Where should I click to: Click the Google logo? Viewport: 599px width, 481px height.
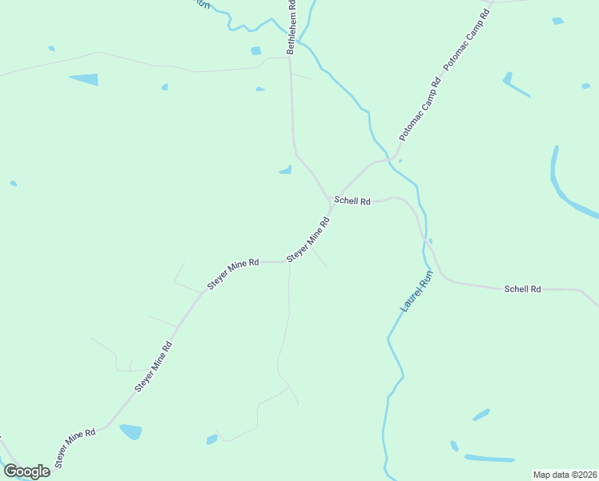(26, 471)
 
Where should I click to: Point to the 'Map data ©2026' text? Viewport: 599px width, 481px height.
(564, 475)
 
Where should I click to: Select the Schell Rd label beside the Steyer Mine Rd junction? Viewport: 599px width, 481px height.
(352, 201)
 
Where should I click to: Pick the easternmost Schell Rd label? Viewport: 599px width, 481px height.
(523, 289)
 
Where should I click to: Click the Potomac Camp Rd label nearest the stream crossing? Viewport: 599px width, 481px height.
(420, 110)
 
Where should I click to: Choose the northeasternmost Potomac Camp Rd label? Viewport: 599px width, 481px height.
(466, 38)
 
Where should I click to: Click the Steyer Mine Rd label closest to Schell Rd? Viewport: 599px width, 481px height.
(308, 238)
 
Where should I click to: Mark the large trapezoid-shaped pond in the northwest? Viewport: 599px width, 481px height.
(84, 79)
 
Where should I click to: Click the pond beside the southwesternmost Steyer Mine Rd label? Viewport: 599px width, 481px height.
(131, 431)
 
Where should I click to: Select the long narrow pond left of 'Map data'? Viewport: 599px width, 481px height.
(489, 459)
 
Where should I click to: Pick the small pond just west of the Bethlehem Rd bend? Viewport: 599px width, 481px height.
(285, 169)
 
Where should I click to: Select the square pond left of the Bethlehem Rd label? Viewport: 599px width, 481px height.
(255, 51)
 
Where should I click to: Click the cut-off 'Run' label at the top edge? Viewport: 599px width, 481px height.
(203, 3)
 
